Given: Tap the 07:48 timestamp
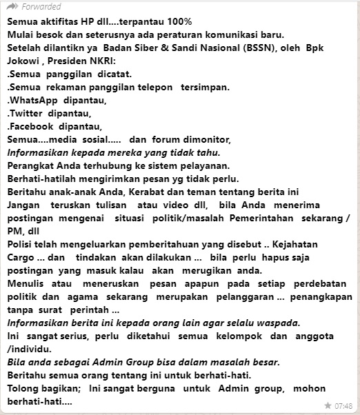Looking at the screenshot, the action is point(344,405).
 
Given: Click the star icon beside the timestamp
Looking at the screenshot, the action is point(328,405).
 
